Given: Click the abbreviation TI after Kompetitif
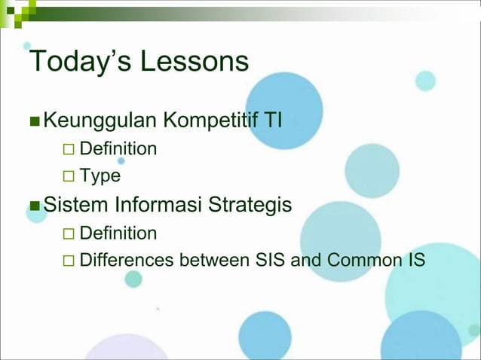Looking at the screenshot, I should pos(271,119).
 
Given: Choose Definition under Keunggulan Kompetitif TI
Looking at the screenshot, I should pos(118,148).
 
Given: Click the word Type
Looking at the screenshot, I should pos(100,176).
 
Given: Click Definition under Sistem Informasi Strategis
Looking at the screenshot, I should pos(118,233).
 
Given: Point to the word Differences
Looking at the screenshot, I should pos(127,261).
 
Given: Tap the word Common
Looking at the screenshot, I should pos(361,261).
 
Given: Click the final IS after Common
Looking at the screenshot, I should pos(416,261).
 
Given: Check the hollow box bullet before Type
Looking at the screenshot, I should pos(69,177).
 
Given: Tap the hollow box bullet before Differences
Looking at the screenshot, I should pos(69,261).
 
